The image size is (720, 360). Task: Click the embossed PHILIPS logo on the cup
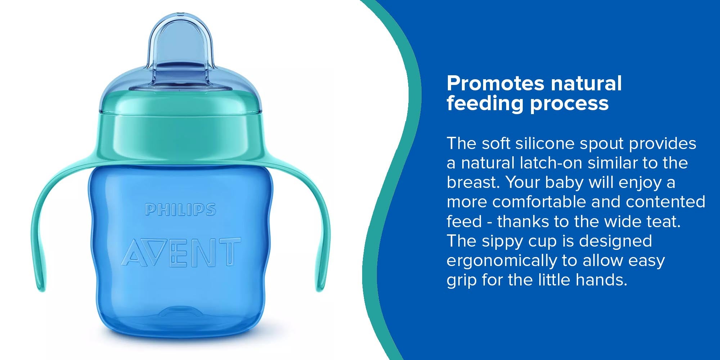(x=180, y=210)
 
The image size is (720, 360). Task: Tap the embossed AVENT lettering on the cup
(x=181, y=252)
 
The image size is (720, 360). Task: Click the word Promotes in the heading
(x=495, y=84)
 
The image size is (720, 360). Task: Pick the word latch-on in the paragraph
(x=551, y=163)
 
